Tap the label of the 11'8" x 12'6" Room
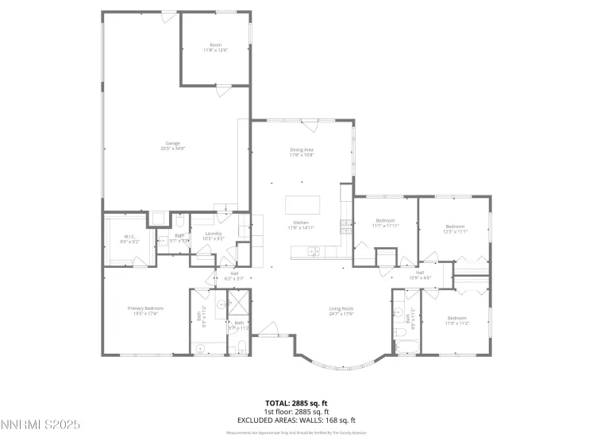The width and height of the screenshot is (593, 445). [x=215, y=48]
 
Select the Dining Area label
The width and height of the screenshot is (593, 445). [x=302, y=152]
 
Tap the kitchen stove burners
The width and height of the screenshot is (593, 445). [x=345, y=226]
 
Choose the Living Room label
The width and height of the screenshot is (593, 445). [x=342, y=311]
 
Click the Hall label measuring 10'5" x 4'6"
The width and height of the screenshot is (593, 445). [x=419, y=275]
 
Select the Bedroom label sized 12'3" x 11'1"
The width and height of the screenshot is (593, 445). [x=456, y=228]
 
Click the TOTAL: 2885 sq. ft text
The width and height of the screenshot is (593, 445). [x=296, y=403]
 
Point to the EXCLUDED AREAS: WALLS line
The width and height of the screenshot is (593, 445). [x=296, y=420]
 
